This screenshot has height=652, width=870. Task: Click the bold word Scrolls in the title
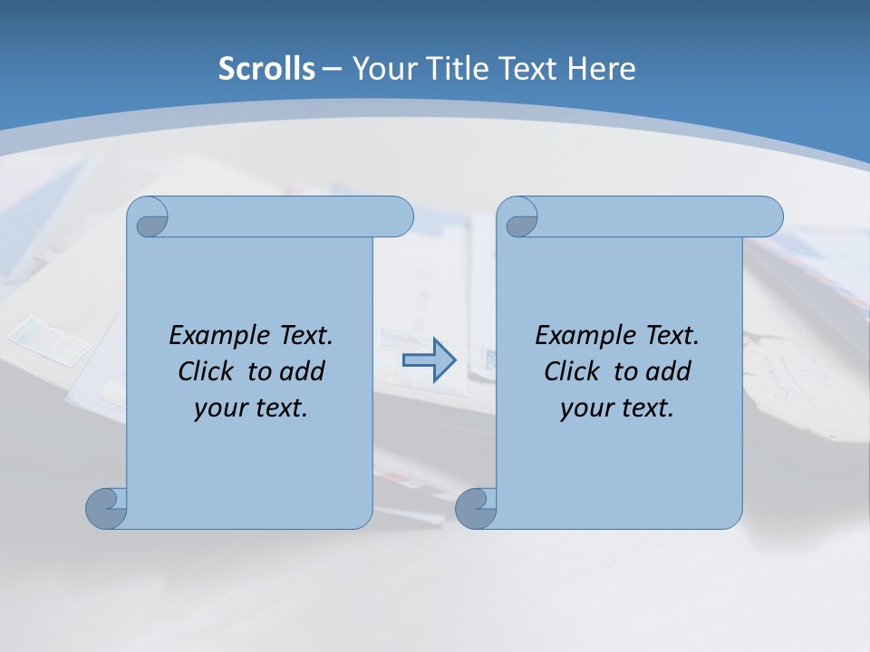(x=267, y=69)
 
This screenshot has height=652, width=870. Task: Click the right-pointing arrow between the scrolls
(x=429, y=360)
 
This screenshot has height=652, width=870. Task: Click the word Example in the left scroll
(x=214, y=336)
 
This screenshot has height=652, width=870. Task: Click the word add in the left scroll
(x=302, y=371)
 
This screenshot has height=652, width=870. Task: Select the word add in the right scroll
(x=668, y=371)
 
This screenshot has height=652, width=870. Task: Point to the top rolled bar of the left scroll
(x=290, y=216)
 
